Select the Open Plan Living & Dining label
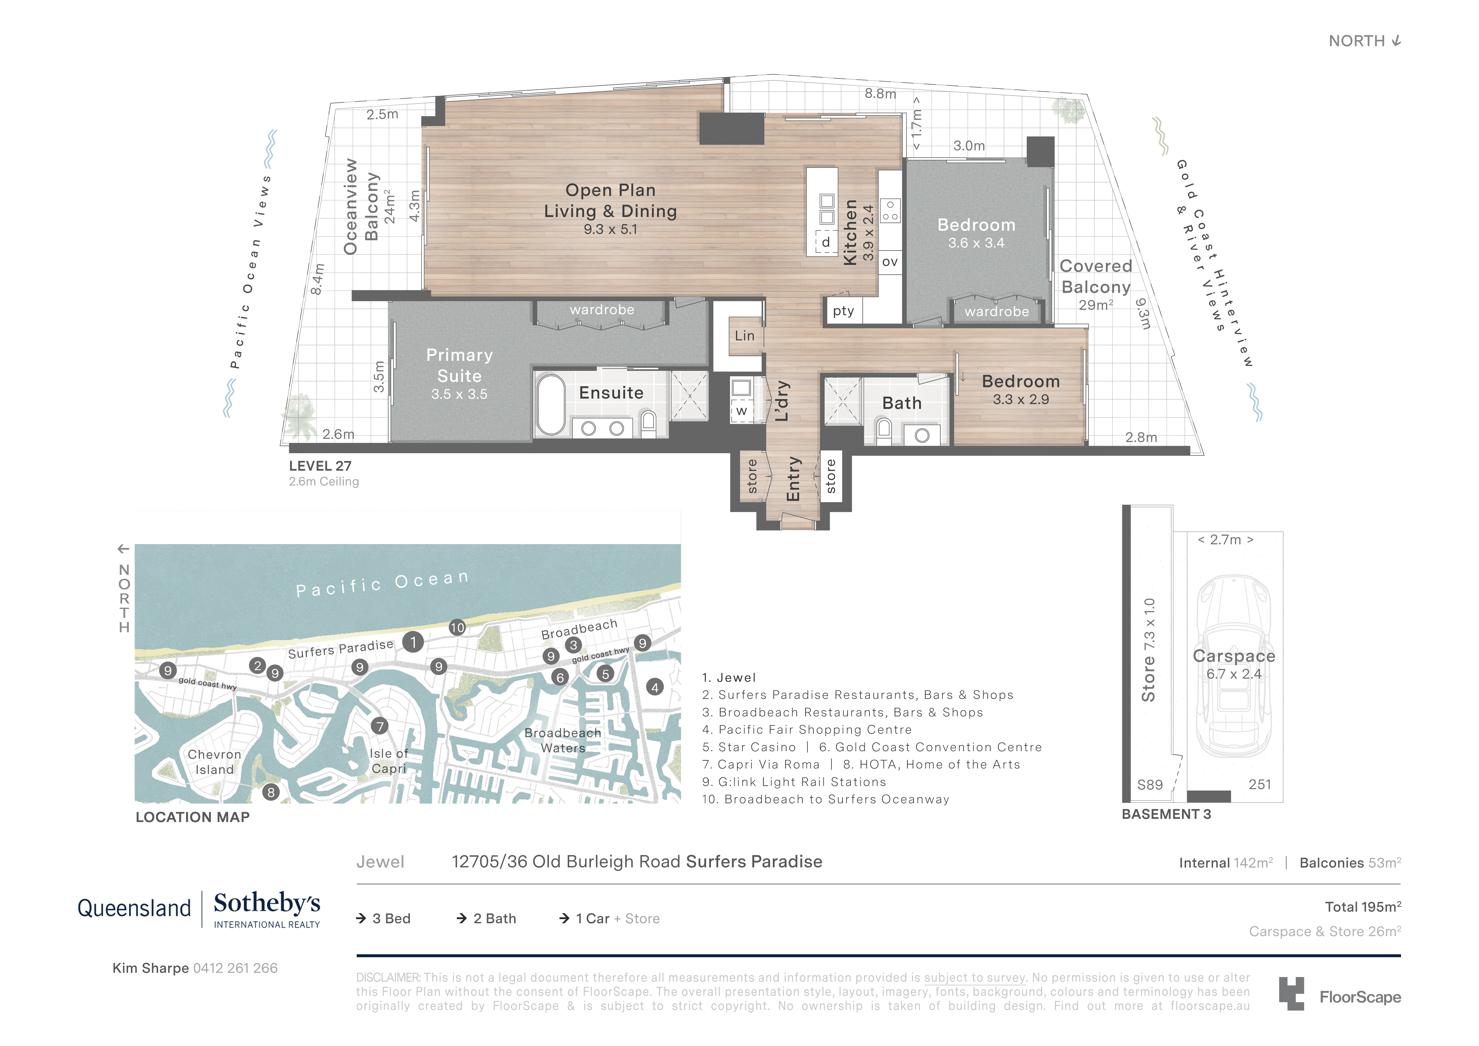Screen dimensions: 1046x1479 (x=610, y=201)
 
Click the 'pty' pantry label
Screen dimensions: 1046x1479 (x=843, y=311)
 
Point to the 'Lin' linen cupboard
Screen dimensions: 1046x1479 (x=745, y=336)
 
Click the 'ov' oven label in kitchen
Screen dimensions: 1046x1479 (x=890, y=262)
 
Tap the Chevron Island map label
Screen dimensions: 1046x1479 (x=215, y=762)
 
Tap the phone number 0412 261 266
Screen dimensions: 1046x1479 (x=235, y=968)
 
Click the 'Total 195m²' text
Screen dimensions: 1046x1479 (x=1362, y=907)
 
